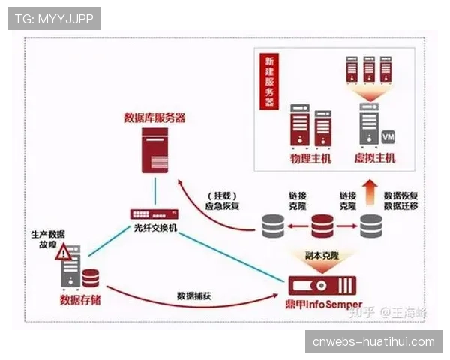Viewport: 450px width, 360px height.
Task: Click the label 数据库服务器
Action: coord(154,118)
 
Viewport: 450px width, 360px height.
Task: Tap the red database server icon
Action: coord(154,150)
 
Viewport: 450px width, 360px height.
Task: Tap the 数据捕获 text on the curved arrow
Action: coord(193,295)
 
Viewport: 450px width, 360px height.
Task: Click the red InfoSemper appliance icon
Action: coord(323,285)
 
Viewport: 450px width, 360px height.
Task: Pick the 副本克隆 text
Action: coord(323,255)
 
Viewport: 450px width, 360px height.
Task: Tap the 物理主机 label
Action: coord(310,159)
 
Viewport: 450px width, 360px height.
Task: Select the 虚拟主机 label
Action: coord(375,159)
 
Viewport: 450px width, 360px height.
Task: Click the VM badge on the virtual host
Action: coord(388,138)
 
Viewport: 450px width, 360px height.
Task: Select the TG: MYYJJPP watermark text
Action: coord(54,19)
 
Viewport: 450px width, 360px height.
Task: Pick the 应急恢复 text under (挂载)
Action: coord(222,207)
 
